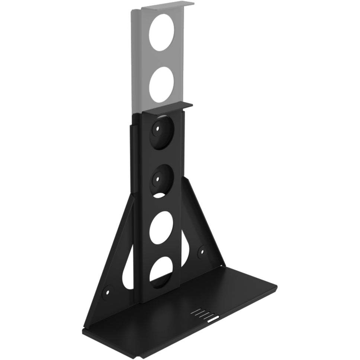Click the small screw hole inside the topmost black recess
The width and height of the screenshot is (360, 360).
(158, 130)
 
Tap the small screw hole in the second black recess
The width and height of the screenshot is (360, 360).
(158, 178)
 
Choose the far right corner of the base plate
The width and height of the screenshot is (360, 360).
(276, 286)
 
